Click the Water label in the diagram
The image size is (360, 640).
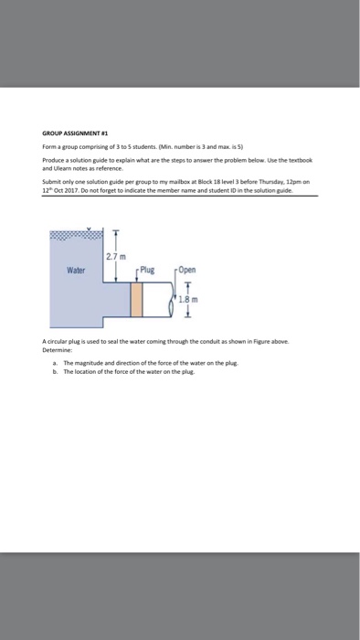pos(77,270)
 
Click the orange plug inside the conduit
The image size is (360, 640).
pos(138,299)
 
